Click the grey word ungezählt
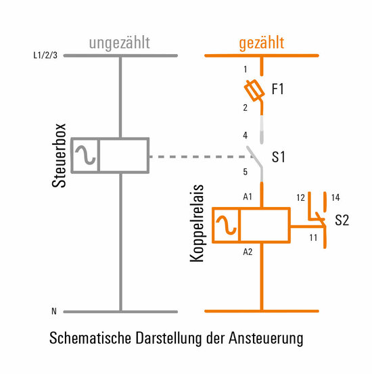119,43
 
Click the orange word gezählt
262,43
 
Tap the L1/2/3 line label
45,55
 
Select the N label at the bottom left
54,311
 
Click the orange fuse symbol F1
254,91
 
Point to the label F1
277,89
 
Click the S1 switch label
278,157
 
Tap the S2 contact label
342,220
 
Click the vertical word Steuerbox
59,156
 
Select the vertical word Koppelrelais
197,223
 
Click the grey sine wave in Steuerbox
85,155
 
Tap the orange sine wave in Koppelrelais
226,225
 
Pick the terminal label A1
248,197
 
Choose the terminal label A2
248,252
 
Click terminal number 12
301,197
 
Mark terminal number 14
335,197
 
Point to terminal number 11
313,237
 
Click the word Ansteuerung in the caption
266,338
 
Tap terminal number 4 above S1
246,135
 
